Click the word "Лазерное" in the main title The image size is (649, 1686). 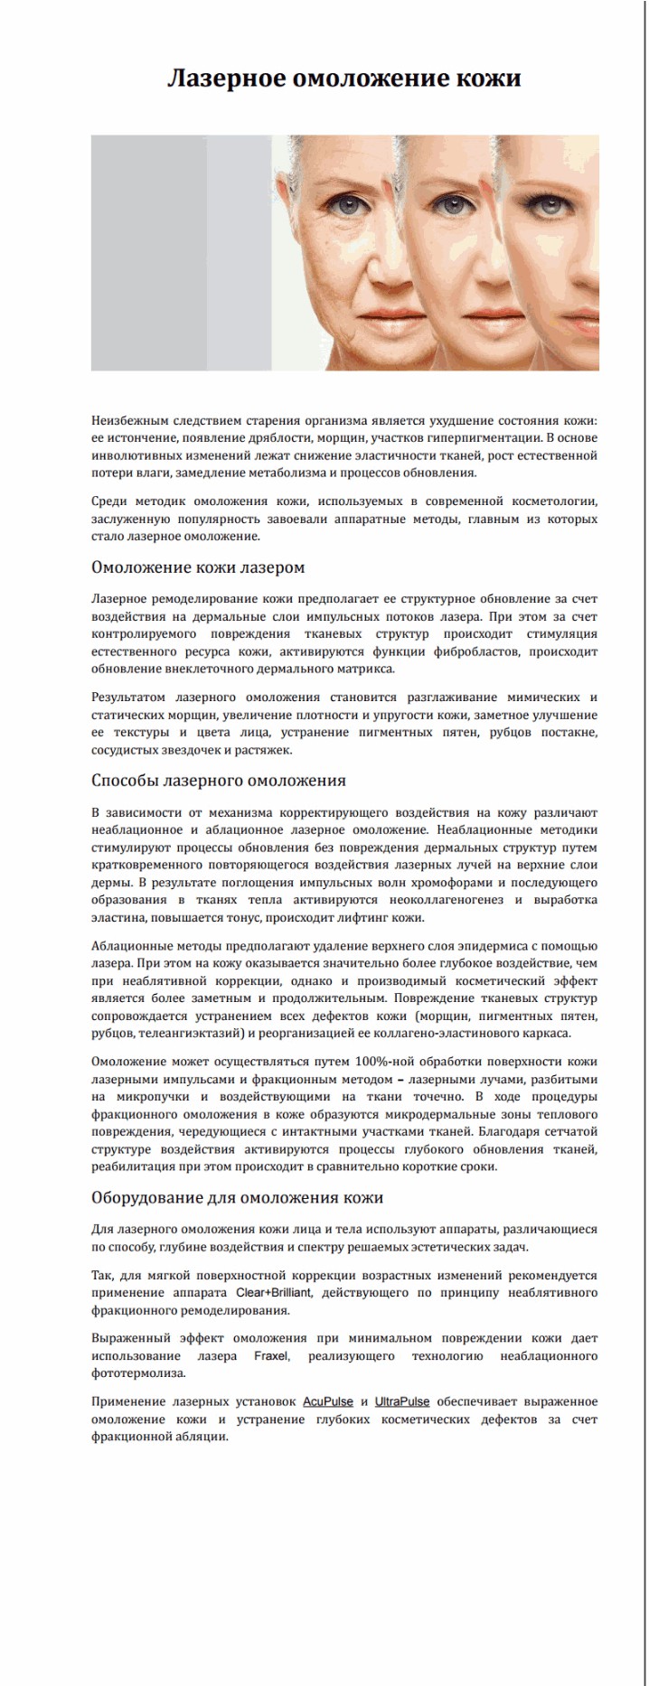coord(226,79)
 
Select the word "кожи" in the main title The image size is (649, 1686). coord(488,79)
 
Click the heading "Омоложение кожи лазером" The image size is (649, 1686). coord(198,567)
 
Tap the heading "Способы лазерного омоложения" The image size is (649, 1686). coord(218,781)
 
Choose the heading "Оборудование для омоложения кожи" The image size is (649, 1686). coord(237,1197)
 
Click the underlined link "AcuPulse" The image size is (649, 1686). coord(328,1401)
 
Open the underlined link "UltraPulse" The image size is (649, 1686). coord(402,1401)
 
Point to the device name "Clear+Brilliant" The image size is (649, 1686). coord(274,1293)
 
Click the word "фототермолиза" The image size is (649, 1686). coord(138,1373)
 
